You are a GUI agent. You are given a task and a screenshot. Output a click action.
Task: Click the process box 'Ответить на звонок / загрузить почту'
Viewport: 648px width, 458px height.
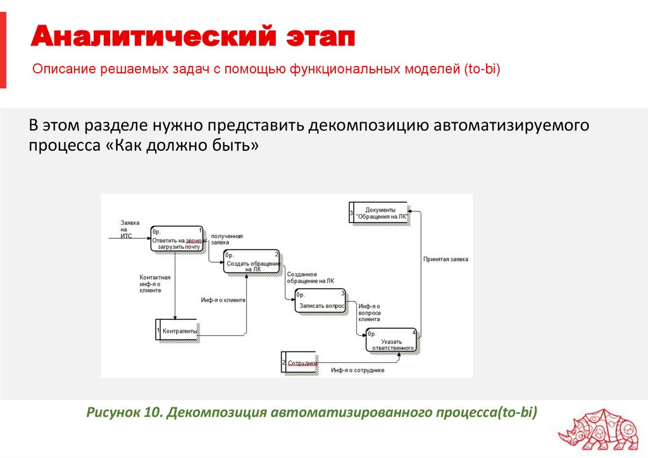pos(177,239)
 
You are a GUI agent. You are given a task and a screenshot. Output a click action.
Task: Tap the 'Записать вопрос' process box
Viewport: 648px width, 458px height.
pos(321,302)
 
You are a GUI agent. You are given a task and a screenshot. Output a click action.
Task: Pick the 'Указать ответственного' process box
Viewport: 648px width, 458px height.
pos(392,341)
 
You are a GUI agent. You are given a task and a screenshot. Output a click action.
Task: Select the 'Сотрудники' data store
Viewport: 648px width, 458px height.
pos(302,363)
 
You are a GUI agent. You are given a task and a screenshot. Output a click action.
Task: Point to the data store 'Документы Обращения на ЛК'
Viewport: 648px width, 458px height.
pos(378,212)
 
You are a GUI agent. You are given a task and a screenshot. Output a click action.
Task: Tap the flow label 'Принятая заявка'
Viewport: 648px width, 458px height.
pos(445,258)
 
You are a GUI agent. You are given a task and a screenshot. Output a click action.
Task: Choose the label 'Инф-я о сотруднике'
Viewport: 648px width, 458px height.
pos(358,370)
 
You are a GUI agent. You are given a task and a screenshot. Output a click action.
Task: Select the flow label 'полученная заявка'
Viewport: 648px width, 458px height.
pos(227,239)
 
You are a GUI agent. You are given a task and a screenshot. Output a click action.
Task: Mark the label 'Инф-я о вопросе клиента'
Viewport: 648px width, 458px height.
pos(370,312)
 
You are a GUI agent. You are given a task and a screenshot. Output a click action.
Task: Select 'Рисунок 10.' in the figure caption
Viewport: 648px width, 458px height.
pos(125,413)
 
